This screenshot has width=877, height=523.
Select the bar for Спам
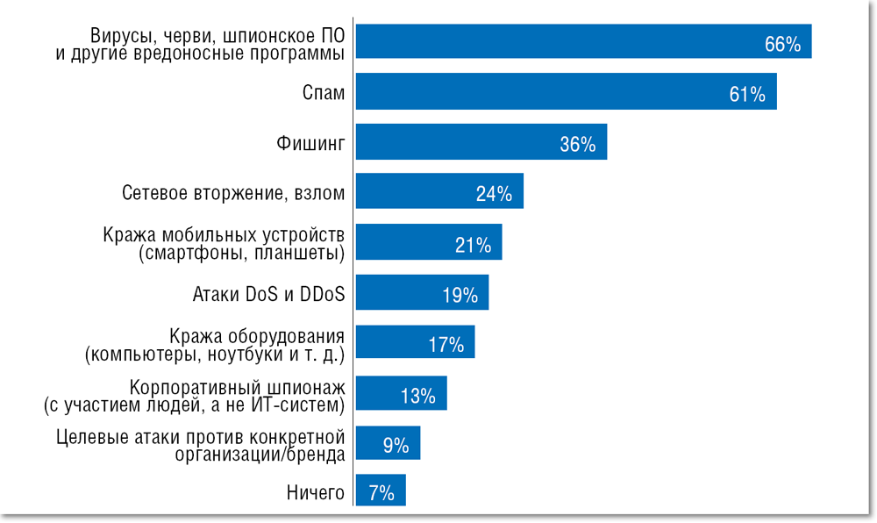pyautogui.click(x=566, y=92)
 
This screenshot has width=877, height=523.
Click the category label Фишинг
pyautogui.click(x=310, y=142)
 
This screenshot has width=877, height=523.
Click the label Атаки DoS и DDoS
pyautogui.click(x=268, y=294)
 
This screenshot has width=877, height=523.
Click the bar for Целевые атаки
pyautogui.click(x=388, y=444)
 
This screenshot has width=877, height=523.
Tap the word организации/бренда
pyautogui.click(x=260, y=455)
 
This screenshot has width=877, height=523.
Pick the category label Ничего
pyautogui.click(x=315, y=493)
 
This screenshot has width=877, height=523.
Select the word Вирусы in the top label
pyautogui.click(x=118, y=36)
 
